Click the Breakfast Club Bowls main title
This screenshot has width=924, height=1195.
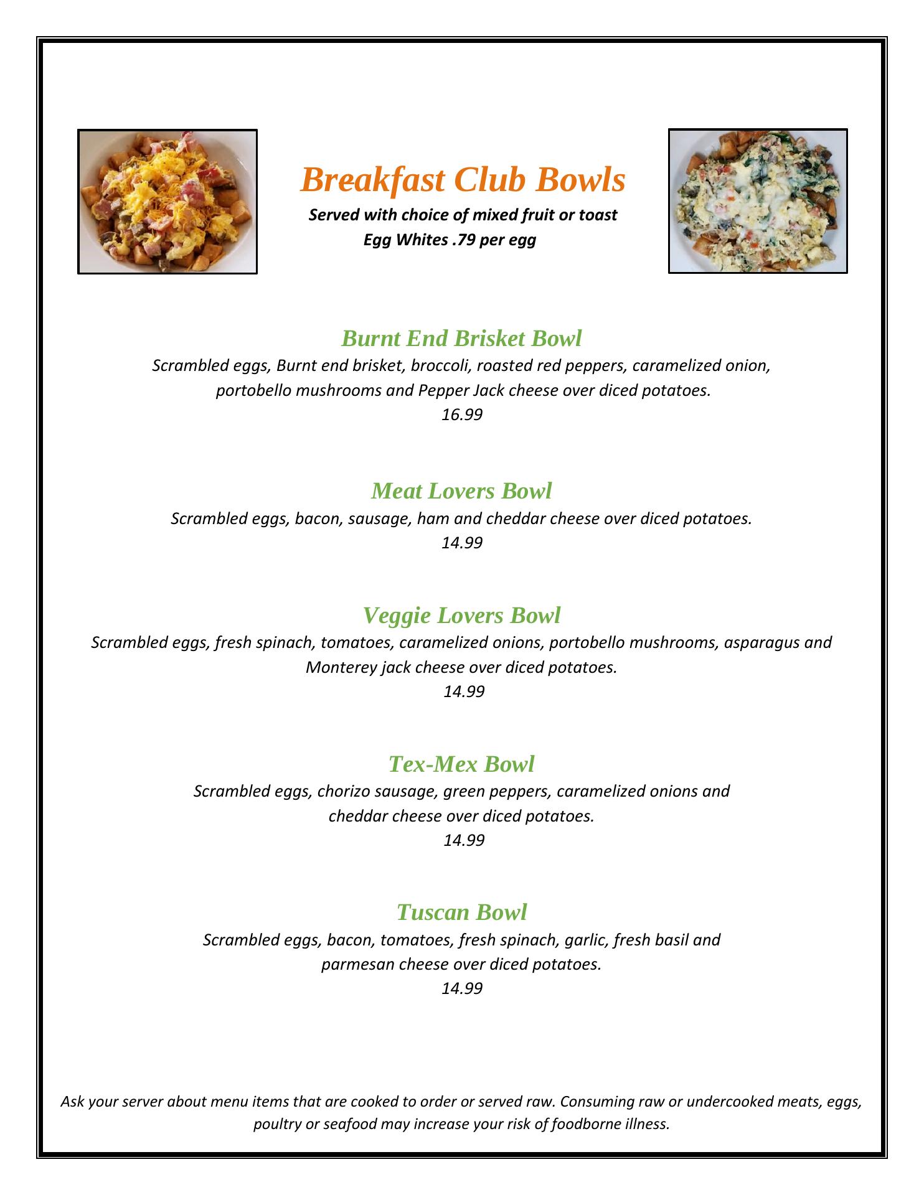[x=463, y=180]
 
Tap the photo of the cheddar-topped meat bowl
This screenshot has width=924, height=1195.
[x=167, y=202]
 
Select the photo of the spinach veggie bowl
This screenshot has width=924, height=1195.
[x=758, y=201]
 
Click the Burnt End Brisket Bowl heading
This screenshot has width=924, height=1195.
[x=461, y=339]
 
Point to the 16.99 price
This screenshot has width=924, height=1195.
[x=462, y=415]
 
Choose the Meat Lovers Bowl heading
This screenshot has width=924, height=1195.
[x=461, y=491]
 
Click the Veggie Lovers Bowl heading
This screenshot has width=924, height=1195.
[x=461, y=616]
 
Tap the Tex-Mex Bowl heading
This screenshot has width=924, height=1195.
[x=461, y=764]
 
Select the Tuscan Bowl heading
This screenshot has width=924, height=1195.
[x=461, y=912]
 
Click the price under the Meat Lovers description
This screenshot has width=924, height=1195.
[x=462, y=543]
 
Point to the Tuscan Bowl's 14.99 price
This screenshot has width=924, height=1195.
[x=462, y=988]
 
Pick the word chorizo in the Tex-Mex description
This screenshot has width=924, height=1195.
[x=342, y=792]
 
